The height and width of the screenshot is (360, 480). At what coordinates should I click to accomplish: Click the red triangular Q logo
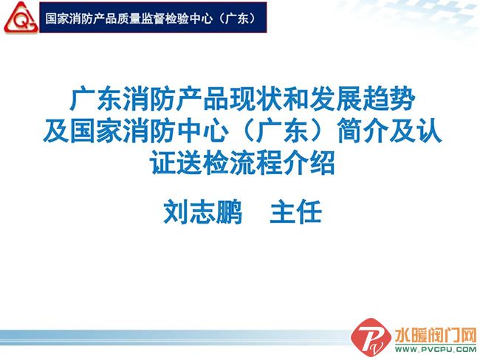click(x=21, y=18)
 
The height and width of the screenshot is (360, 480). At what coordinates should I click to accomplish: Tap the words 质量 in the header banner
click(x=128, y=18)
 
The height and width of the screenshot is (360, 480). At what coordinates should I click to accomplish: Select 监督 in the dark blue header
click(x=152, y=18)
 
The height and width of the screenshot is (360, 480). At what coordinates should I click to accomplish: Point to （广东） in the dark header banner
click(x=236, y=18)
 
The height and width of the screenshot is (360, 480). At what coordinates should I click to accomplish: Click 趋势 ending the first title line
click(x=389, y=99)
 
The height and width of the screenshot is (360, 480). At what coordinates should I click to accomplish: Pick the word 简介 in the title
click(x=363, y=131)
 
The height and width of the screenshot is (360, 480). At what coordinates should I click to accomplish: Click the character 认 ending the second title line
click(x=430, y=131)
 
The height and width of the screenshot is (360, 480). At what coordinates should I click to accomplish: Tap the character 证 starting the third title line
click(x=162, y=163)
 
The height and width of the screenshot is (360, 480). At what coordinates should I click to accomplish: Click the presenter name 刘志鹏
click(x=202, y=212)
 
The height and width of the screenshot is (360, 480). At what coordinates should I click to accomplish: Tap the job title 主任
click(x=295, y=212)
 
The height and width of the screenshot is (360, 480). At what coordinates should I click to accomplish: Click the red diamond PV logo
click(x=371, y=337)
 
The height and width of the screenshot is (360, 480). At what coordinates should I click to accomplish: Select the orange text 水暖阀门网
click(x=436, y=335)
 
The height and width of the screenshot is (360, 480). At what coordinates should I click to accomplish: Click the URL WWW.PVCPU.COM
click(x=436, y=349)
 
